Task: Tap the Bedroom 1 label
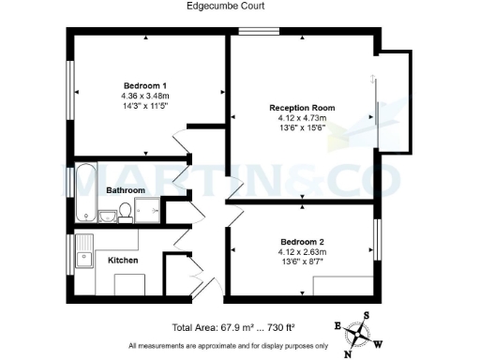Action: coord(145,84)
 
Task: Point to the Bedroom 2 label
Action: coord(302,240)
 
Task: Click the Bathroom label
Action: coord(125,190)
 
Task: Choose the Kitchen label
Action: coord(124,260)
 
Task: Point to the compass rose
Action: coord(359,334)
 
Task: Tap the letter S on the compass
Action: coord(367,316)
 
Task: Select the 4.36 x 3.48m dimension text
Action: coord(145,96)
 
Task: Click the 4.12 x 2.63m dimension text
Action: coord(302,251)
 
